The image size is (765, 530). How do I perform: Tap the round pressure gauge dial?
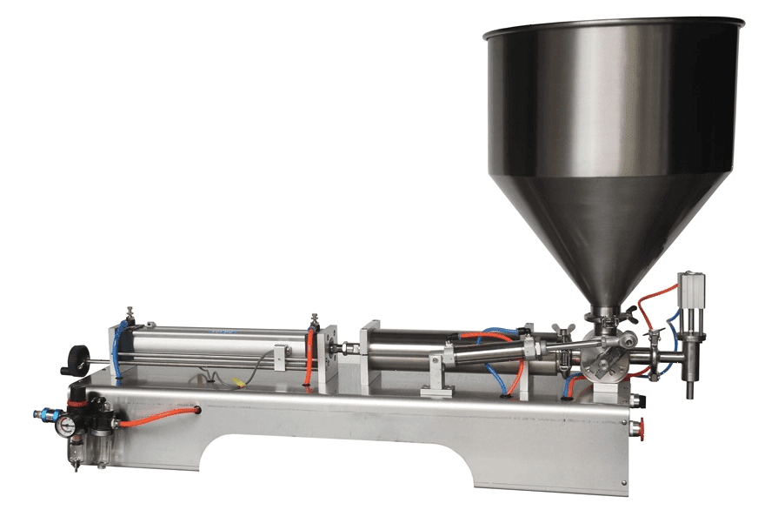tap(65, 426)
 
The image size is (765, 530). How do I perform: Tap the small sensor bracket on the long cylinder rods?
tap(280, 357)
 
